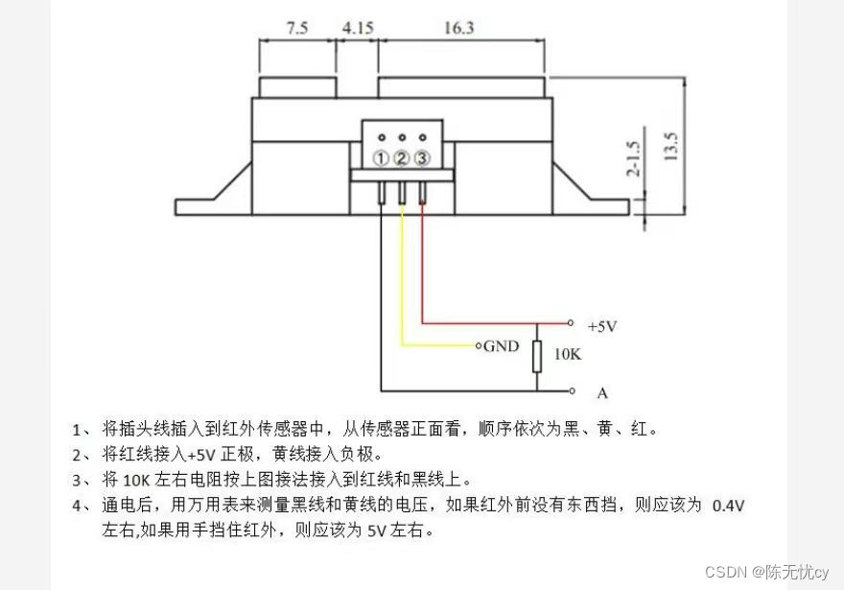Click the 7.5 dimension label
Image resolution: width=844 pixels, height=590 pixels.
[297, 29]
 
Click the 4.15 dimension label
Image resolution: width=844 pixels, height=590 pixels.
[358, 29]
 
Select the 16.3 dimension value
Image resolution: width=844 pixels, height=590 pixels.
[458, 29]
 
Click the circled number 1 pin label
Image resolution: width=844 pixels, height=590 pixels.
[382, 158]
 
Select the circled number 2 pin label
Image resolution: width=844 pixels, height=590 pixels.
[402, 158]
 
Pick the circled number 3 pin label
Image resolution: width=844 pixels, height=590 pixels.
[422, 158]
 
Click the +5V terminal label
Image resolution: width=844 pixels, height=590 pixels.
[601, 326]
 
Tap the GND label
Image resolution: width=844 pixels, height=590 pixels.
[501, 345]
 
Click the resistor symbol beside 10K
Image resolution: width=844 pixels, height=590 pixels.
[537, 355]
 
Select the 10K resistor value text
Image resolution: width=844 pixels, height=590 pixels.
[567, 354]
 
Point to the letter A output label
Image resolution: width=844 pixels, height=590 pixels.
[602, 392]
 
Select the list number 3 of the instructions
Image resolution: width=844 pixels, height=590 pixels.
[78, 480]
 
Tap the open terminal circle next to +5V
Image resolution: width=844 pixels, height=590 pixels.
[571, 323]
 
